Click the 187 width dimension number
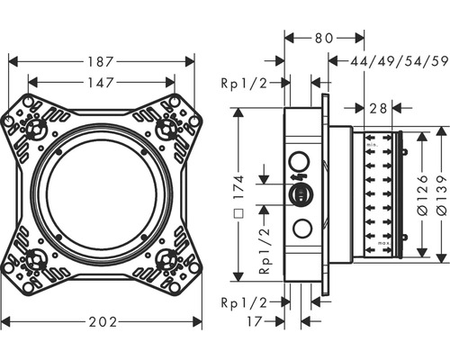[x=102, y=62]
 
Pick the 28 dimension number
[x=378, y=108]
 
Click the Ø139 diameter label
[x=442, y=191]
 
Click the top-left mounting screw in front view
[x=39, y=128]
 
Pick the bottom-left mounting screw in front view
[x=39, y=263]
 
